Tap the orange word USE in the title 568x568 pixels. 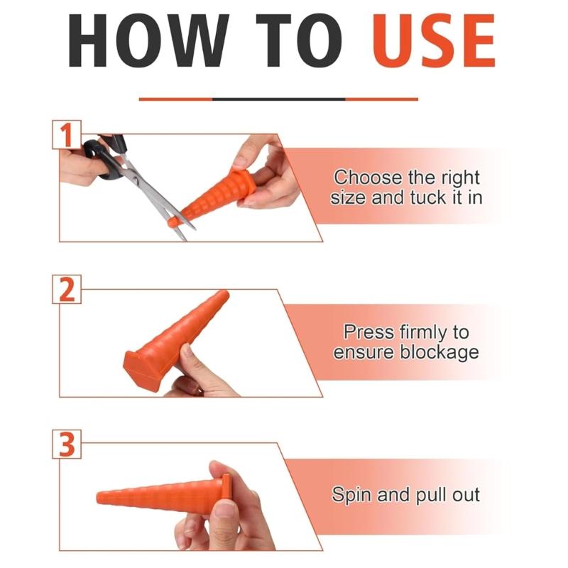point(434,40)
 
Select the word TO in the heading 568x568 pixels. point(299,40)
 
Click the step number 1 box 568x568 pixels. point(67,135)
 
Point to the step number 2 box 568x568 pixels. point(67,289)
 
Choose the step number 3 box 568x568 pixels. point(67,444)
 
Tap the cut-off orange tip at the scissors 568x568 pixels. point(174,222)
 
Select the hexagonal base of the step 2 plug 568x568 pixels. point(143,370)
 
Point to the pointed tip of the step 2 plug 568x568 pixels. point(224,294)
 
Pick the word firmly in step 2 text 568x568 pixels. point(423,333)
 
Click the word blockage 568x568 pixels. point(439,352)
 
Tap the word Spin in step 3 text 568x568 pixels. point(352,495)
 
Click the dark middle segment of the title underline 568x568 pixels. point(279,99)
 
